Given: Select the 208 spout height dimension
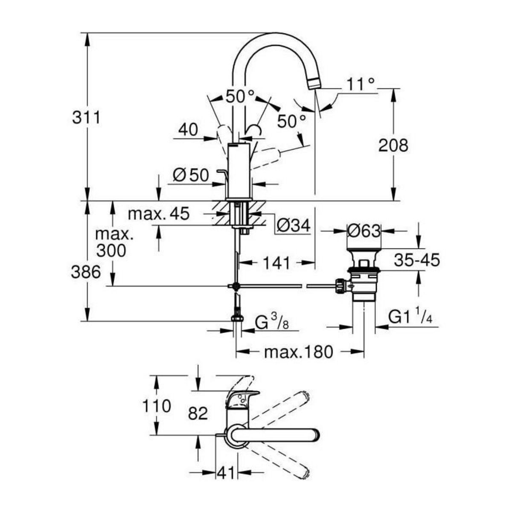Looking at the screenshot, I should pyautogui.click(x=393, y=145).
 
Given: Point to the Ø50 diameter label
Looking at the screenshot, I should pyautogui.click(x=191, y=175).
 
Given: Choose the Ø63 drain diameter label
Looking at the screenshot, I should pyautogui.click(x=363, y=231).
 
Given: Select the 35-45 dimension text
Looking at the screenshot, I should pyautogui.click(x=416, y=260).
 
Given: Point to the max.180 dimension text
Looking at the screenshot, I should pyautogui.click(x=298, y=352).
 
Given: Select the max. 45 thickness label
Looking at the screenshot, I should pyautogui.click(x=158, y=214).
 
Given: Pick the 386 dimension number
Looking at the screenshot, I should pyautogui.click(x=86, y=272).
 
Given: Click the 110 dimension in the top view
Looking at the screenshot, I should pyautogui.click(x=157, y=405).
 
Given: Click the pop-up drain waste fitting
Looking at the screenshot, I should pyautogui.click(x=363, y=277).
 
